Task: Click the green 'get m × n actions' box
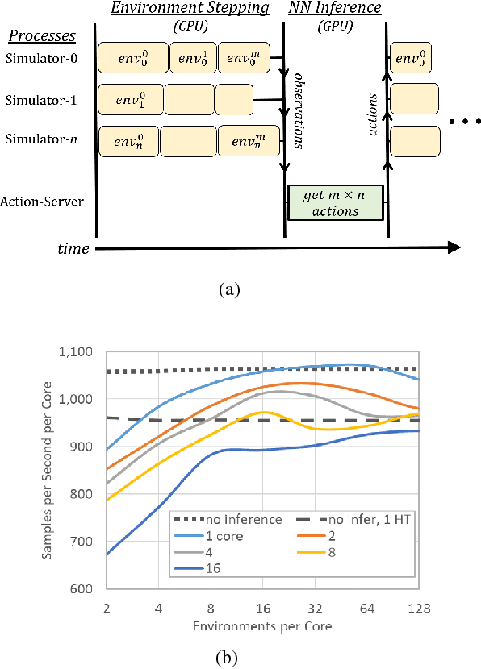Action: [x=335, y=202]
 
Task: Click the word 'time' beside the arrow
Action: [x=73, y=250]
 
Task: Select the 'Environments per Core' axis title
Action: [x=264, y=625]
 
